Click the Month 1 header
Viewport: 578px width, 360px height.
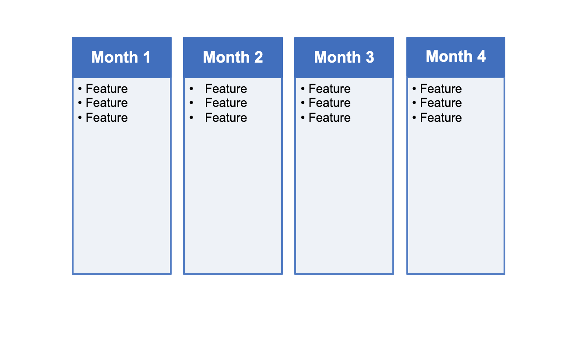[121, 57]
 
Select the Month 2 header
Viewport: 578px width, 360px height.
[233, 57]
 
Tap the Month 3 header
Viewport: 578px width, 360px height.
[344, 57]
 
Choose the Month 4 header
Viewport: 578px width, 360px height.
[455, 56]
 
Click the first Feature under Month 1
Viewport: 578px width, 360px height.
[106, 89]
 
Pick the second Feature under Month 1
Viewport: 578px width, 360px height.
[106, 103]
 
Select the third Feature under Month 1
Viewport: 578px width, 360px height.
[106, 118]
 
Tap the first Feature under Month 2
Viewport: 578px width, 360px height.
[226, 89]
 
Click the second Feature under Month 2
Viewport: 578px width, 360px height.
[226, 103]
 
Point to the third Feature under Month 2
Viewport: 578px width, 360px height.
[226, 118]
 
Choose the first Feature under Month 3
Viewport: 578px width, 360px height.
[329, 89]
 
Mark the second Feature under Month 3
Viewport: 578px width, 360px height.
[329, 103]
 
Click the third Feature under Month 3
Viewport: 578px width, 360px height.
[329, 118]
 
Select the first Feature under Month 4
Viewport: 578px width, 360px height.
[441, 89]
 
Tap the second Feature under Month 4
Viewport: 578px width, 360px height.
[441, 103]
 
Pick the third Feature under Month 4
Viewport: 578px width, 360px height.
[441, 118]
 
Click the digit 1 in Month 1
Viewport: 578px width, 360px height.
[146, 57]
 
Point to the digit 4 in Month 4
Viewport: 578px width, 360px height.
[481, 56]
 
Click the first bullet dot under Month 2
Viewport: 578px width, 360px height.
[191, 89]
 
